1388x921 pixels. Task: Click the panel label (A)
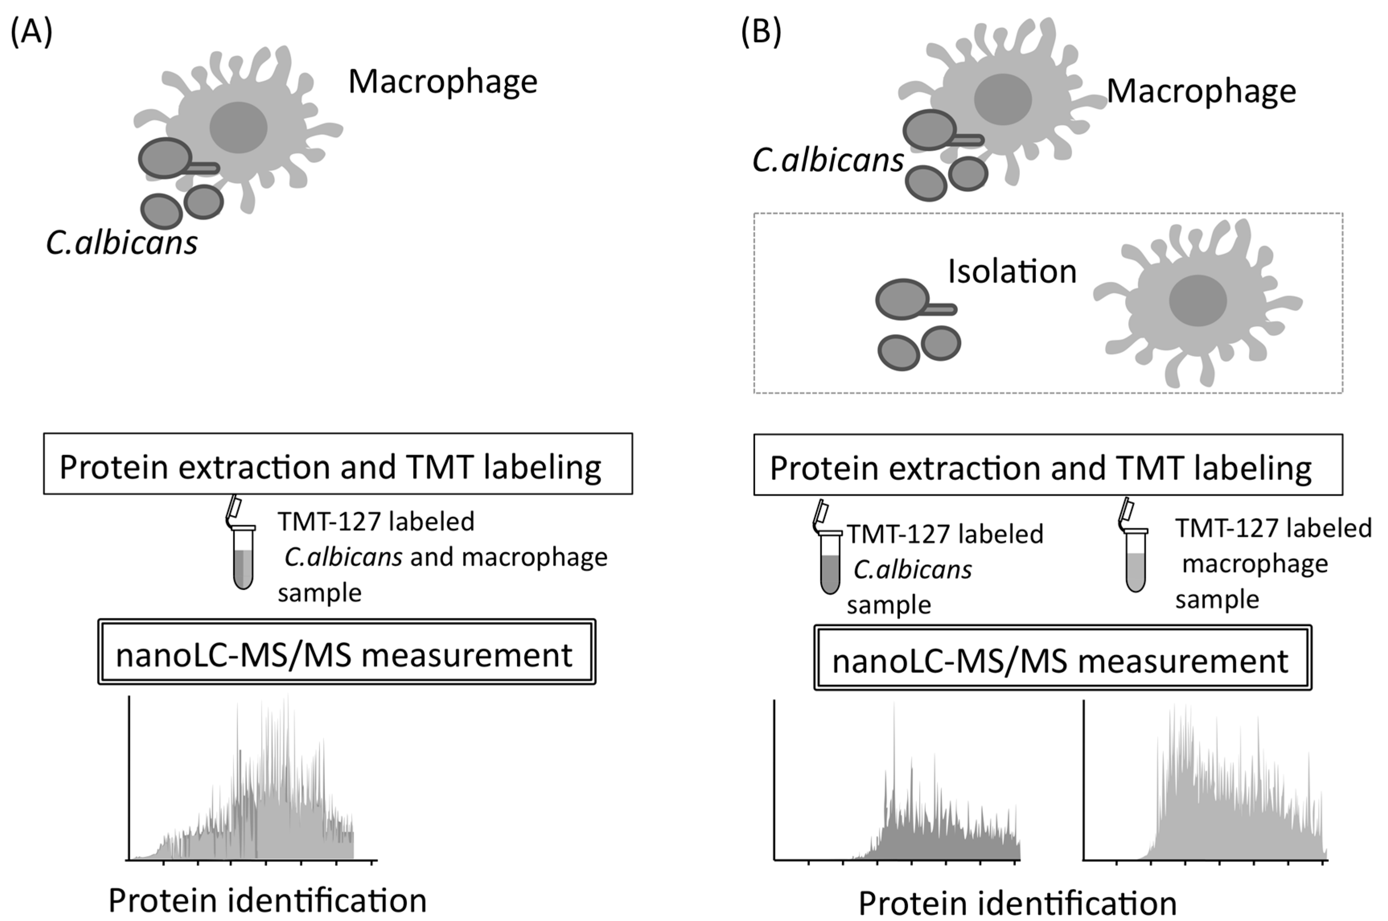point(31,32)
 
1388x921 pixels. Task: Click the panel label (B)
point(761,32)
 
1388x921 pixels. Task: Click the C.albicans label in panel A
point(121,242)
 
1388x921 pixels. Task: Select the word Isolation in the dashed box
point(1012,272)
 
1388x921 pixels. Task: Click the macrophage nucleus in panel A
point(238,127)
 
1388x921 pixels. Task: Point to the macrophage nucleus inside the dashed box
point(1198,301)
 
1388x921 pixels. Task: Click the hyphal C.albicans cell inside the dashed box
point(905,299)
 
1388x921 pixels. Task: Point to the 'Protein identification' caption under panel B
point(1017,903)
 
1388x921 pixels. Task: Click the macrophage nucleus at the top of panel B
point(1003,99)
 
